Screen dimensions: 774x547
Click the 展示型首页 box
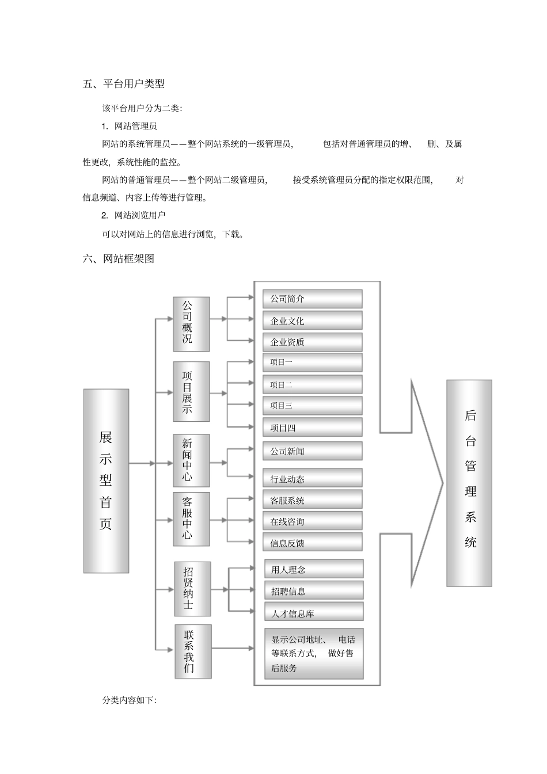(x=106, y=481)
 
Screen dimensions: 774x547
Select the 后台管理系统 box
(x=469, y=483)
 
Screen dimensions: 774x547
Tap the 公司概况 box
(x=191, y=324)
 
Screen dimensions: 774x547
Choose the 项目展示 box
(x=191, y=391)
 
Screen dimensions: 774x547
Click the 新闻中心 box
(x=191, y=460)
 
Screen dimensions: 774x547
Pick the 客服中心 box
(x=191, y=518)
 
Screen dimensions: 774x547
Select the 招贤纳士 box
(x=192, y=589)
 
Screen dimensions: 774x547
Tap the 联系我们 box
(x=193, y=651)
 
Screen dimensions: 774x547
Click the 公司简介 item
(x=312, y=299)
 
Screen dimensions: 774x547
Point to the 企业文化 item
(x=312, y=321)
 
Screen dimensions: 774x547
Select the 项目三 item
(x=312, y=406)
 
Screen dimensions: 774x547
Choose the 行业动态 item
(x=312, y=479)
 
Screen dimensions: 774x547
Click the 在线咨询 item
(x=312, y=521)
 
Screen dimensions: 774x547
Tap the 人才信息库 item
(x=314, y=613)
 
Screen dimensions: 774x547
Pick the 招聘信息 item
(x=314, y=591)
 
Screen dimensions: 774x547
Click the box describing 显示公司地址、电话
(x=314, y=654)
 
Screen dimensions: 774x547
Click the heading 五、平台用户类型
(x=124, y=84)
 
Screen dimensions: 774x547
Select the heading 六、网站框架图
(x=119, y=259)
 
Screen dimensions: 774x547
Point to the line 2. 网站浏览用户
(x=134, y=215)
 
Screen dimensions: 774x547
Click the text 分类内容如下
(x=130, y=700)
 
